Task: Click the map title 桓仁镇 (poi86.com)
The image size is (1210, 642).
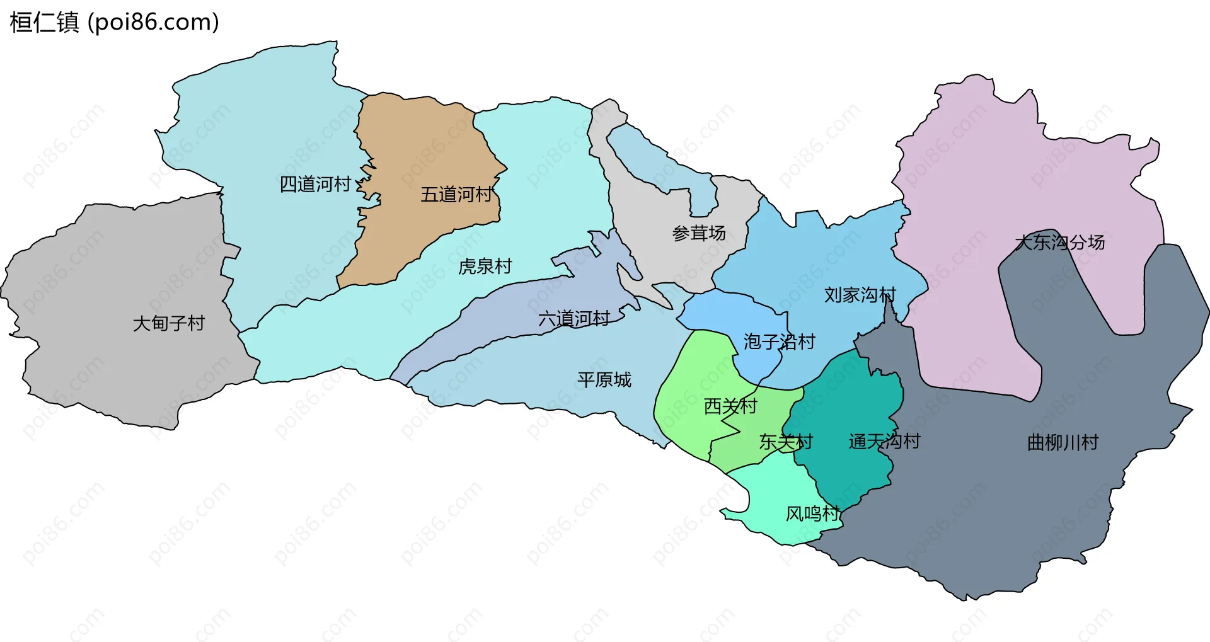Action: (114, 23)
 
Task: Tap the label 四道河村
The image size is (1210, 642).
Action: (315, 185)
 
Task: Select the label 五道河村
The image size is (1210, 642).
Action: (456, 195)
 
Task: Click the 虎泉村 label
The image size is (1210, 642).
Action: (485, 267)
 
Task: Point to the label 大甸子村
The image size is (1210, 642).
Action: (169, 323)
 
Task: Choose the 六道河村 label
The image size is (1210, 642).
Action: (574, 319)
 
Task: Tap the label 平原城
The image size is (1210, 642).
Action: (604, 380)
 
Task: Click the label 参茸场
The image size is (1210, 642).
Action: (699, 233)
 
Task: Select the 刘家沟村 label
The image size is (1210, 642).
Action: (860, 295)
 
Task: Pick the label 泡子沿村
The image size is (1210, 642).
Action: (779, 342)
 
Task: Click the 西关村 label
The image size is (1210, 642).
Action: (730, 406)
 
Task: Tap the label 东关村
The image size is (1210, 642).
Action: (785, 442)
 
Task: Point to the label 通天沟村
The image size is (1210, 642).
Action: (884, 442)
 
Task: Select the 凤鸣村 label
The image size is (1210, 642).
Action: (812, 514)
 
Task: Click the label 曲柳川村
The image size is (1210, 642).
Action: (1063, 443)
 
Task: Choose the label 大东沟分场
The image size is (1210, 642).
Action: (1059, 243)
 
